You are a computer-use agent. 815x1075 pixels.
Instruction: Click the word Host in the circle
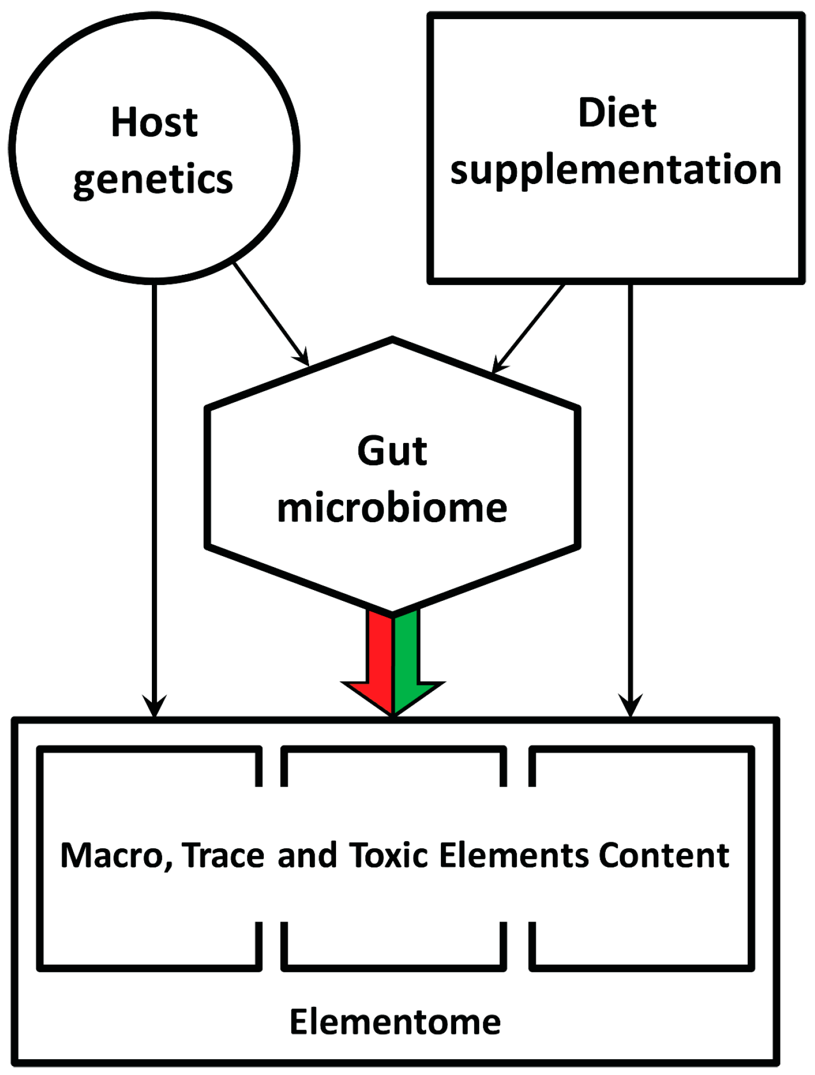154,122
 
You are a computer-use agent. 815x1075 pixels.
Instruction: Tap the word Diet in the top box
617,113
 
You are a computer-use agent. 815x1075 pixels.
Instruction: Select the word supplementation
616,170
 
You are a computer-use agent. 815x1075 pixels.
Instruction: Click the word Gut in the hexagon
392,451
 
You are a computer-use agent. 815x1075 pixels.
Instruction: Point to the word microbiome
392,508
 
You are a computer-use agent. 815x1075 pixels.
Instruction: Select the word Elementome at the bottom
394,1021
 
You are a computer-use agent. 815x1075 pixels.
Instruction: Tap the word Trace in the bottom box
224,855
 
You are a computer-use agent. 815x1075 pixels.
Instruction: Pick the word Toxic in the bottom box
388,855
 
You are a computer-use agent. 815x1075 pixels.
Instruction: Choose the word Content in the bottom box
664,855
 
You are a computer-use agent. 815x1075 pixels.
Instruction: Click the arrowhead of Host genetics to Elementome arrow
155,706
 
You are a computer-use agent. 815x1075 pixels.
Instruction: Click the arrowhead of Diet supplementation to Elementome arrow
630,706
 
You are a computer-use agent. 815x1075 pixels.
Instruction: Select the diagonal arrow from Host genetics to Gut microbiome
271,314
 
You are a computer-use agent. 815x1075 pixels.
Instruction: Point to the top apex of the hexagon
392,340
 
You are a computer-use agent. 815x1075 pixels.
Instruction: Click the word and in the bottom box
307,855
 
